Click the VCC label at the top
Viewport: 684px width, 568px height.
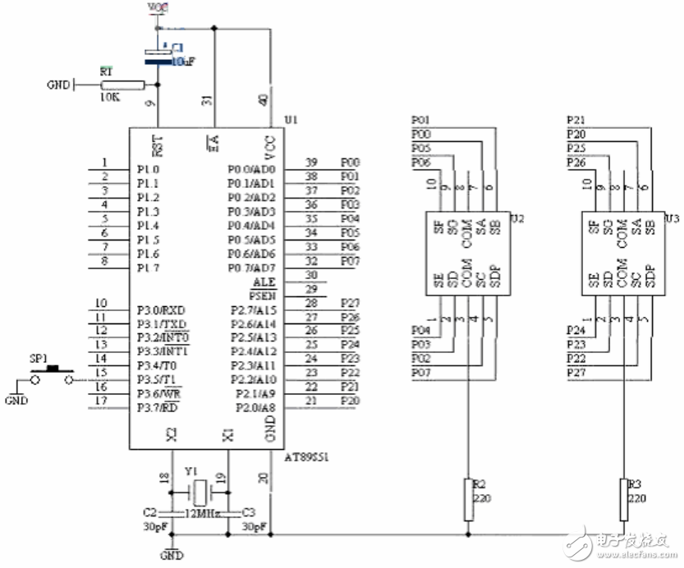coord(158,7)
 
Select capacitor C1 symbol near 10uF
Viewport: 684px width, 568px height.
coord(158,54)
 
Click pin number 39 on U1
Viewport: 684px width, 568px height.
coord(311,162)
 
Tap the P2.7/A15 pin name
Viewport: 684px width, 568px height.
coord(255,309)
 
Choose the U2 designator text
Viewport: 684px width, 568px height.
coord(516,218)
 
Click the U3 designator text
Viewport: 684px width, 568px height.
coord(672,218)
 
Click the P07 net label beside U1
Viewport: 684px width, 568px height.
coord(350,261)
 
